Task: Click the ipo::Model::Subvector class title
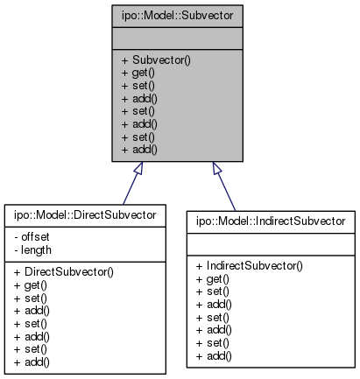pyautogui.click(x=178, y=16)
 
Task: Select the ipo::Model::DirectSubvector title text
pyautogui.click(x=85, y=214)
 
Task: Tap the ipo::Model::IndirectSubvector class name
pyautogui.click(x=272, y=220)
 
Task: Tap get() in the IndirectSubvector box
pyautogui.click(x=208, y=277)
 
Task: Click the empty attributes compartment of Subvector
pyautogui.click(x=178, y=39)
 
